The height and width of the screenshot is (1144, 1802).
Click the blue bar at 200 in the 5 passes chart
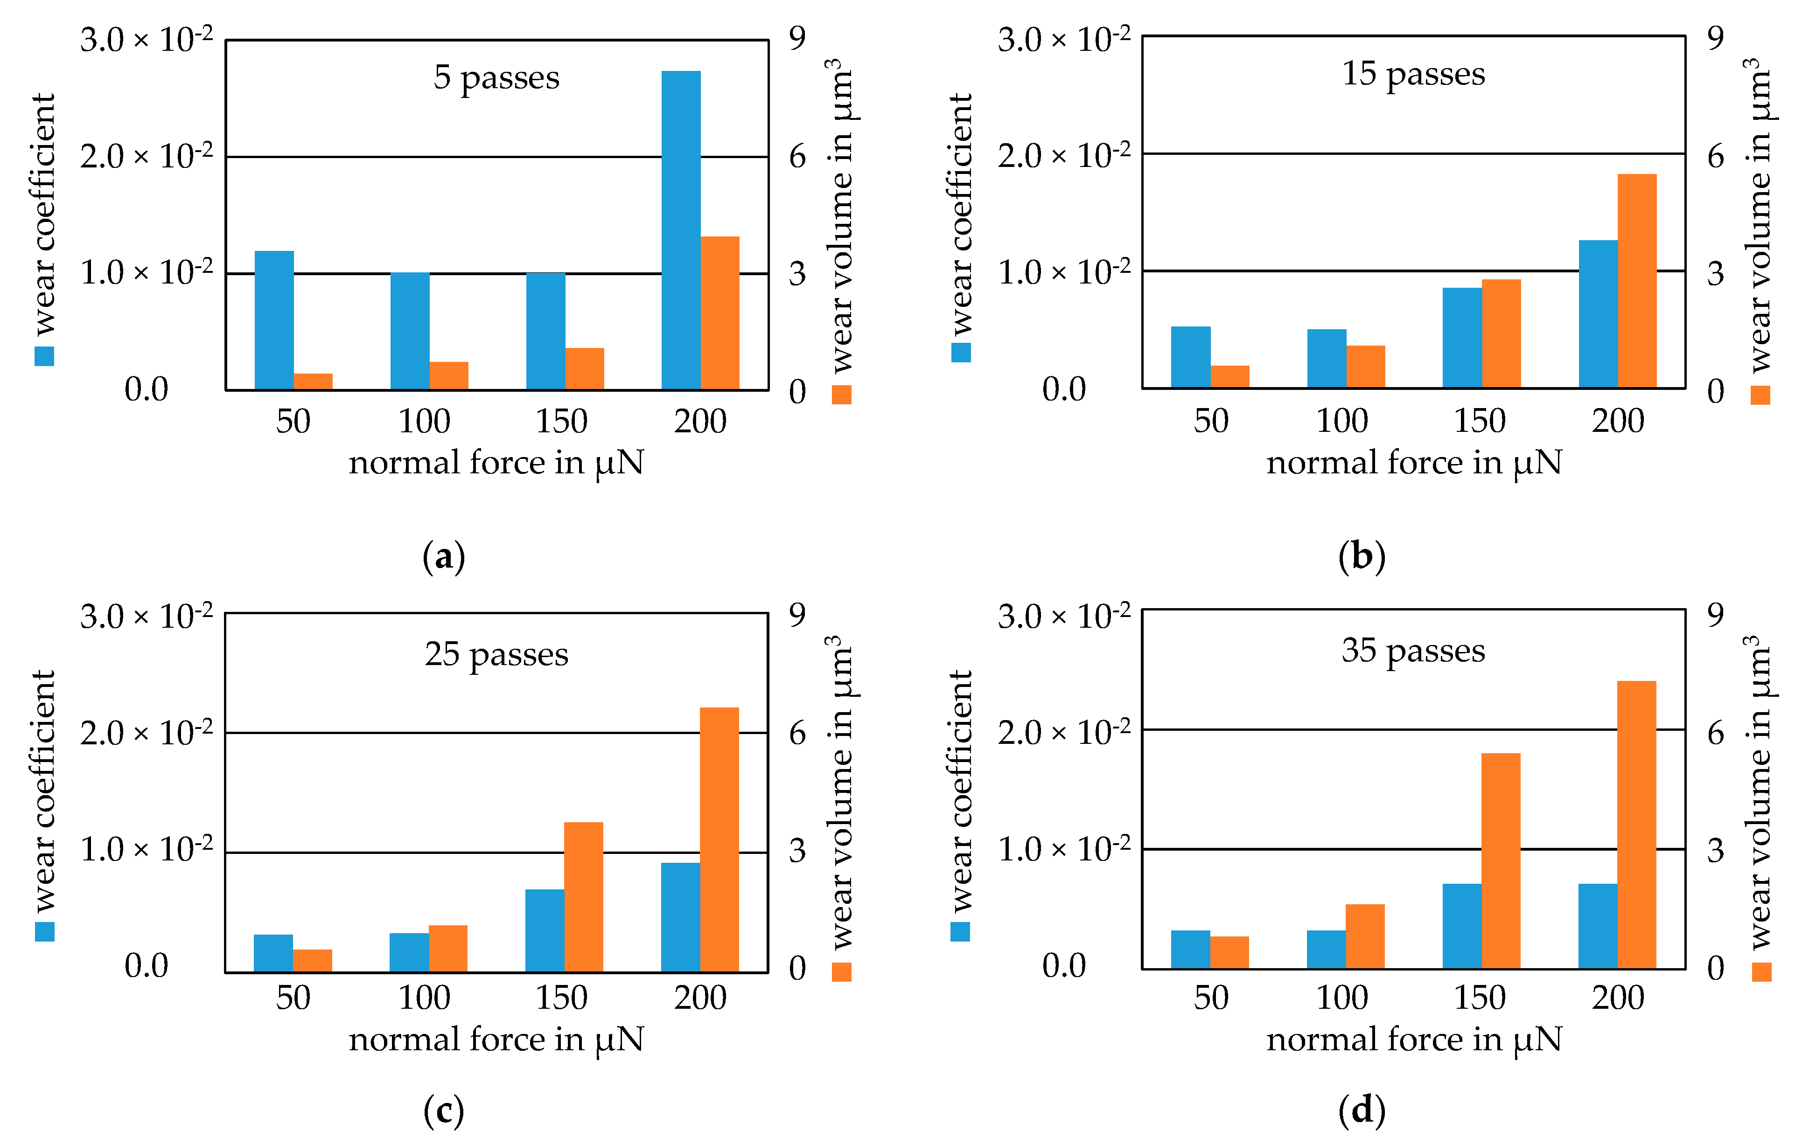pos(680,230)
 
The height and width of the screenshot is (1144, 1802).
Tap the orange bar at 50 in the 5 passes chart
pos(313,381)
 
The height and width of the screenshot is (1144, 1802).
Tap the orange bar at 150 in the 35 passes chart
pos(1501,860)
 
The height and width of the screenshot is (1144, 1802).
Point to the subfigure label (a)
pos(444,557)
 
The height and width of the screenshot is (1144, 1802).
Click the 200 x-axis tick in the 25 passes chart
pos(700,998)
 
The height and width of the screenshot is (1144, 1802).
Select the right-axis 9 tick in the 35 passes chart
pos(1715,615)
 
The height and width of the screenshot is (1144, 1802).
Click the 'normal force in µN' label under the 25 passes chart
pos(496,1039)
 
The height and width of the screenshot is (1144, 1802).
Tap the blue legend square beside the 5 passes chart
pos(44,356)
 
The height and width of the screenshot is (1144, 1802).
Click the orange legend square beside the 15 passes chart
pos(1760,394)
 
